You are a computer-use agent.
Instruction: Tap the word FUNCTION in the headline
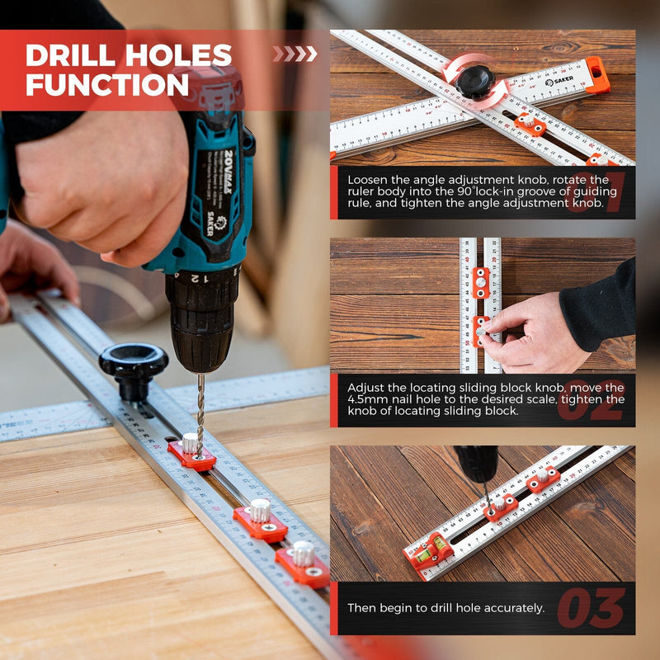(107, 84)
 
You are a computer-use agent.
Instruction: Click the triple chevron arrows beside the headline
(295, 54)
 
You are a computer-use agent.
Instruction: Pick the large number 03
(591, 609)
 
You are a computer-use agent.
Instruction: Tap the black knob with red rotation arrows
(476, 80)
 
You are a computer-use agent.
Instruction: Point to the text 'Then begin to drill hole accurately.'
(446, 608)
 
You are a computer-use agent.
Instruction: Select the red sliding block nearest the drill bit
(192, 454)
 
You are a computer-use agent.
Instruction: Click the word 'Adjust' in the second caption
(365, 386)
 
